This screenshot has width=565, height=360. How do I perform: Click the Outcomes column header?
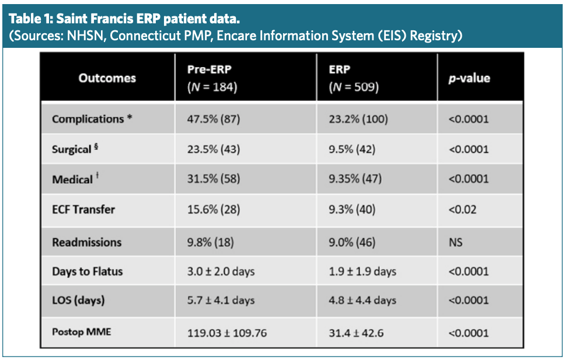107,78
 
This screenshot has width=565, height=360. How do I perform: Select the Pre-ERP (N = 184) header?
212,78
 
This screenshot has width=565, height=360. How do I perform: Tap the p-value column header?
469,78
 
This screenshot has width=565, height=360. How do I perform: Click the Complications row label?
92,119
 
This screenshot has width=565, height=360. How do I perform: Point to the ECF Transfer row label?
83,209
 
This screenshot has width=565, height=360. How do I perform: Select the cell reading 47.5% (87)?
214,119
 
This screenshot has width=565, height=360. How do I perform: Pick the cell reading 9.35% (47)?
355,179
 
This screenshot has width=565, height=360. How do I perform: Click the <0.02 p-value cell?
462,209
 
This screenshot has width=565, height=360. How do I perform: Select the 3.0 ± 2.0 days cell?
221,271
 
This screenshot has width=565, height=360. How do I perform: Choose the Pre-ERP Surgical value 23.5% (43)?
214,149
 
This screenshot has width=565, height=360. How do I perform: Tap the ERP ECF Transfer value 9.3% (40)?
353,209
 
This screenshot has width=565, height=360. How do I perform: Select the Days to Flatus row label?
88,271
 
